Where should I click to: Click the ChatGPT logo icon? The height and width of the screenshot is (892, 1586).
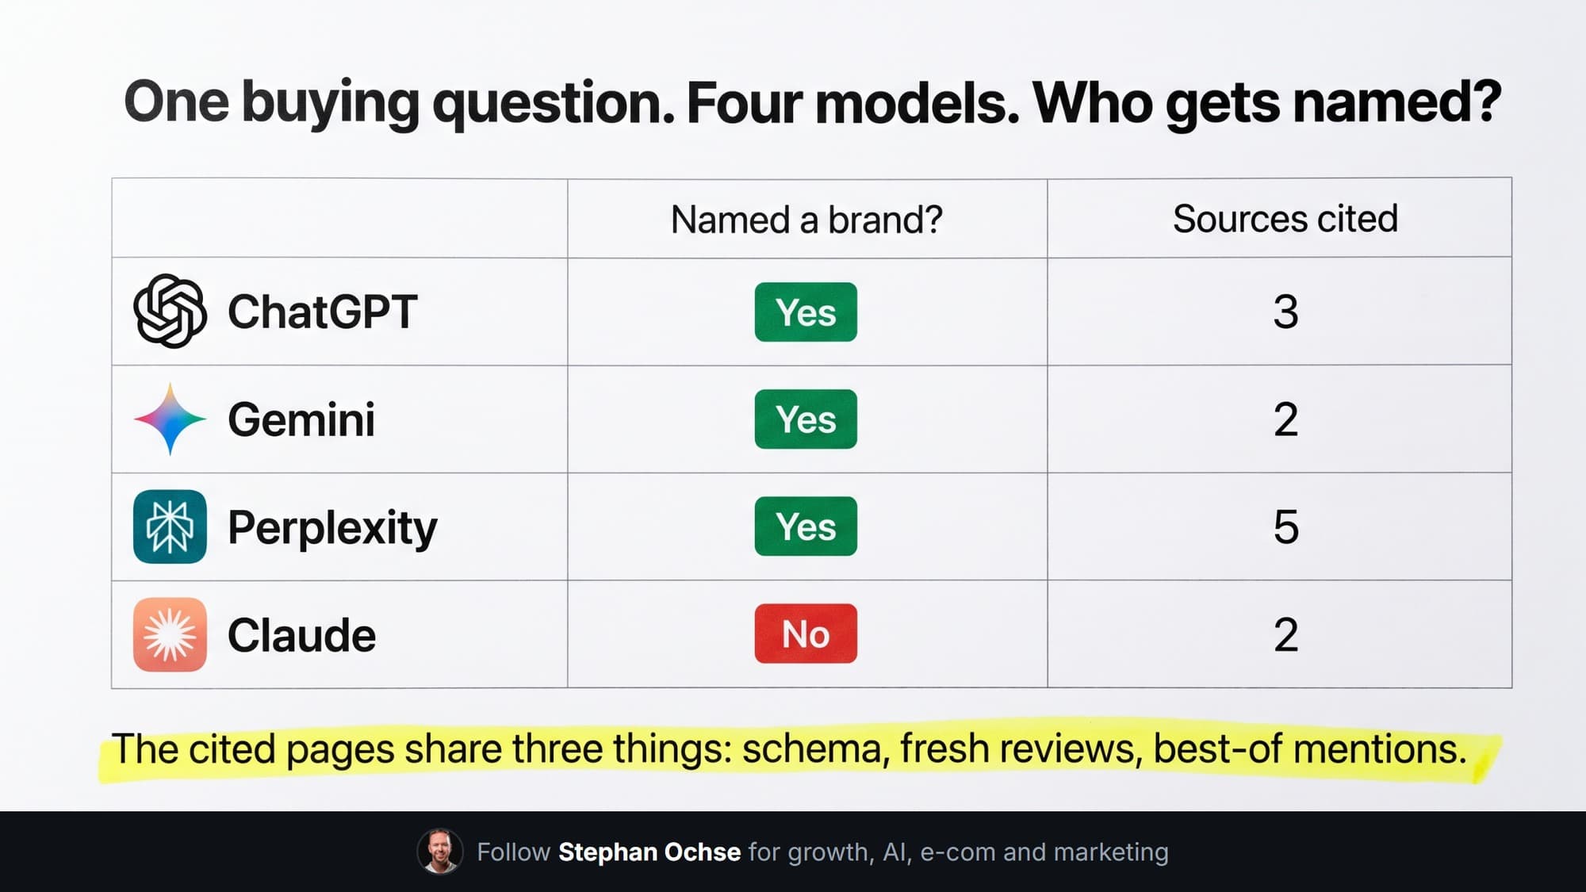[170, 311]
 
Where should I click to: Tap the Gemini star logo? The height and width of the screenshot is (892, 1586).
[170, 419]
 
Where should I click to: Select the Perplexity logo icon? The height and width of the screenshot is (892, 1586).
[170, 526]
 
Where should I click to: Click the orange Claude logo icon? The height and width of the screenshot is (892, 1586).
[170, 634]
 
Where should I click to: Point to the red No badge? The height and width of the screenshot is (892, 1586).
[806, 634]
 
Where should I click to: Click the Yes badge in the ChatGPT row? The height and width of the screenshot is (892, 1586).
[806, 312]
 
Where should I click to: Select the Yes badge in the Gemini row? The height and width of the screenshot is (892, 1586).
[806, 419]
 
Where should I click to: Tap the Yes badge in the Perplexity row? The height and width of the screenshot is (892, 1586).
[806, 526]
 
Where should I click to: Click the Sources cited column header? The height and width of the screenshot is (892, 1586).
[1285, 219]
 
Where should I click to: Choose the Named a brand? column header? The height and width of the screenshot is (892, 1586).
[806, 220]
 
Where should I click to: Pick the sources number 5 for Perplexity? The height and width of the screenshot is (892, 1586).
[1286, 526]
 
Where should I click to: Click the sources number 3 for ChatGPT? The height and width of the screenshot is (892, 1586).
[1286, 312]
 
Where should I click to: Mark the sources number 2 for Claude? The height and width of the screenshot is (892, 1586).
[1286, 634]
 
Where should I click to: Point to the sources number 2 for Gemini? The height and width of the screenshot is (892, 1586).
[1286, 419]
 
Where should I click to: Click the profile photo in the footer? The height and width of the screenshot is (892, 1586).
[440, 852]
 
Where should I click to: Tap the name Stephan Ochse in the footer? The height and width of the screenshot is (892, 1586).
[649, 852]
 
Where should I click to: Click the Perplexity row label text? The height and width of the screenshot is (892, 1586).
[332, 528]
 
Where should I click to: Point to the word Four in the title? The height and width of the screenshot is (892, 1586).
[744, 102]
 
